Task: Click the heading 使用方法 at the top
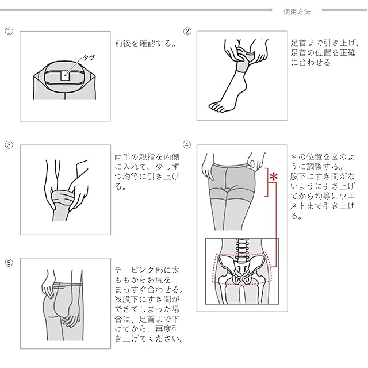click(297, 11)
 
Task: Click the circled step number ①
click(9, 32)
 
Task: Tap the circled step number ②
click(187, 32)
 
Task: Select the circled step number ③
click(9, 144)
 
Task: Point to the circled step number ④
click(187, 144)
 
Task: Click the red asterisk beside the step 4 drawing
click(274, 175)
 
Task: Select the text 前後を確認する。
click(146, 43)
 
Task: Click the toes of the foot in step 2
click(216, 106)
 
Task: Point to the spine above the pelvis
click(241, 251)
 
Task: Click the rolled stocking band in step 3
click(60, 199)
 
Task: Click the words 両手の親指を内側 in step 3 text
click(148, 156)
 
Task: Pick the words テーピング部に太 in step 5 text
click(148, 269)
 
